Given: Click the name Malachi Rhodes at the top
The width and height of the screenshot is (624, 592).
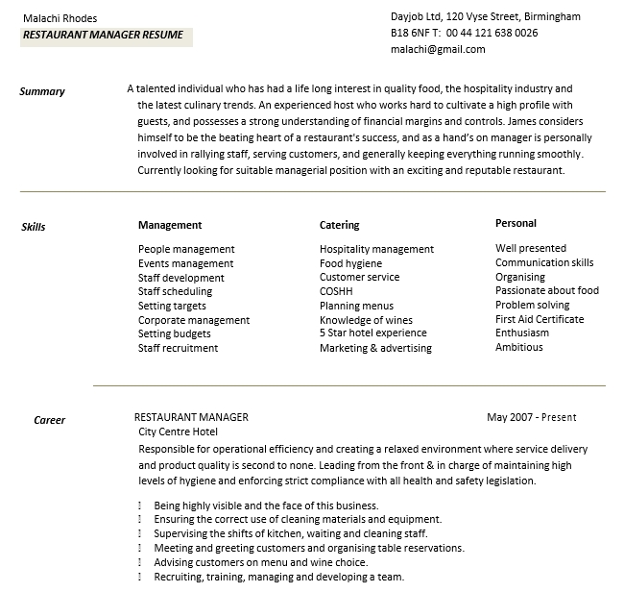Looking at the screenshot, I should [60, 18].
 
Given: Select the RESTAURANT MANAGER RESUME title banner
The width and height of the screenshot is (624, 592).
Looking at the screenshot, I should [104, 36].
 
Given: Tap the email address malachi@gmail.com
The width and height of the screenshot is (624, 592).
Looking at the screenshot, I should [438, 50].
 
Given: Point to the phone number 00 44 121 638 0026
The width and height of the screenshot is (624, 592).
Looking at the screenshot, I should [492, 33].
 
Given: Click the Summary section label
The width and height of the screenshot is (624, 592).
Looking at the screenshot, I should [42, 92].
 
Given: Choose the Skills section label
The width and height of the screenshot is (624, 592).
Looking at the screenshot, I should [34, 228].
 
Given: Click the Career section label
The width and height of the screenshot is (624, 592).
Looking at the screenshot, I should [50, 420].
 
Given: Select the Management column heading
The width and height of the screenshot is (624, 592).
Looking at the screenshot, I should [170, 225].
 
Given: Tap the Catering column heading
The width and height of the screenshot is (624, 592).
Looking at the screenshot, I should [339, 225].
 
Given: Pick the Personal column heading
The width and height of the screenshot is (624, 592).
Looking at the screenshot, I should [516, 223].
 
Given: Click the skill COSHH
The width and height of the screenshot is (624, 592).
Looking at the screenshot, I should [336, 291].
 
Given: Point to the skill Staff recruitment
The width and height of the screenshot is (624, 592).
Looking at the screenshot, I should [178, 348].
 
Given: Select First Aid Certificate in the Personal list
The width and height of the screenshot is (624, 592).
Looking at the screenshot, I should [540, 319].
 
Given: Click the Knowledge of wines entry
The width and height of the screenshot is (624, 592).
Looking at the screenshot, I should [366, 320].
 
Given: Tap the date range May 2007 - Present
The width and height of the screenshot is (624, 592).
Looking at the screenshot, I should [531, 417].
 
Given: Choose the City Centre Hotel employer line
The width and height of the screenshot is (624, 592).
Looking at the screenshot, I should [179, 432].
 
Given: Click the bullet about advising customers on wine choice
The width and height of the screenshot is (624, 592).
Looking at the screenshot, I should [260, 563].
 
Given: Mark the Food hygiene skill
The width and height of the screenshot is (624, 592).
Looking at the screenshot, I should [350, 263].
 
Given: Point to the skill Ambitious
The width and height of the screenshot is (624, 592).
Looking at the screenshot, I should [518, 347].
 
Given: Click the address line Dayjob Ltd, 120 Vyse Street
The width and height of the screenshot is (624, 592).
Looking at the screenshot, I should [485, 16].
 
